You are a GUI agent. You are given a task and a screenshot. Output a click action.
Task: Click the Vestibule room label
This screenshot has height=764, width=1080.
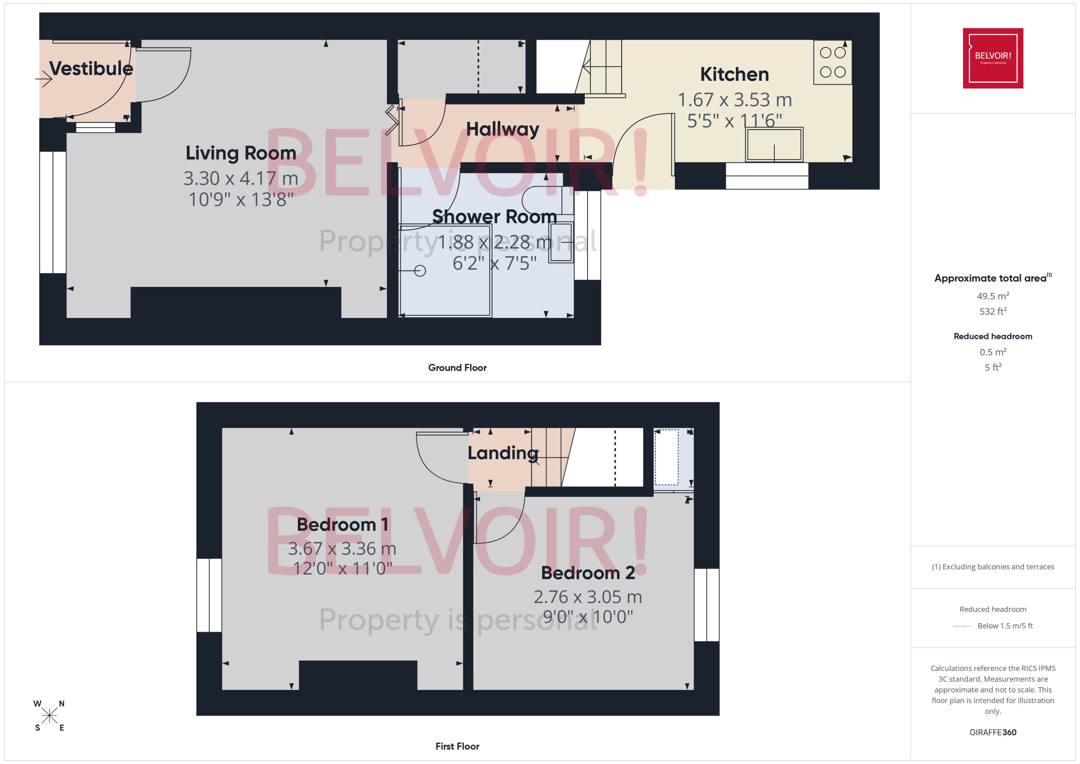(x=91, y=69)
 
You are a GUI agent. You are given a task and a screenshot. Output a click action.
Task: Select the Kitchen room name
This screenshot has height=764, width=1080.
(x=734, y=74)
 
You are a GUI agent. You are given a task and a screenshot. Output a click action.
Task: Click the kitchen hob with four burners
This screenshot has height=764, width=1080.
(x=833, y=62)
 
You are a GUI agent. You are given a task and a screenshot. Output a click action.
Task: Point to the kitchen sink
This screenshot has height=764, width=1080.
(x=774, y=144)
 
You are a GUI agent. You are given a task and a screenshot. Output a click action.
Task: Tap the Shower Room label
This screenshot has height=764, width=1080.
(x=494, y=217)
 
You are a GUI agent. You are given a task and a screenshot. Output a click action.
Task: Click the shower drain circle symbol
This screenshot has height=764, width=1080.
(x=420, y=271)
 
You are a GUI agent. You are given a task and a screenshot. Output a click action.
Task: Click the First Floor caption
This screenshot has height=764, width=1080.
(x=457, y=746)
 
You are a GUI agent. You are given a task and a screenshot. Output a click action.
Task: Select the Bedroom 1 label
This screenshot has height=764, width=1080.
(x=342, y=525)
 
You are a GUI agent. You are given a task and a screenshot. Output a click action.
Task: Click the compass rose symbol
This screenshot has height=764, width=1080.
(x=49, y=716)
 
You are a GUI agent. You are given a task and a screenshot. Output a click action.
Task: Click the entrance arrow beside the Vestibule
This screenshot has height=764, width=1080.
(x=44, y=79)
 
